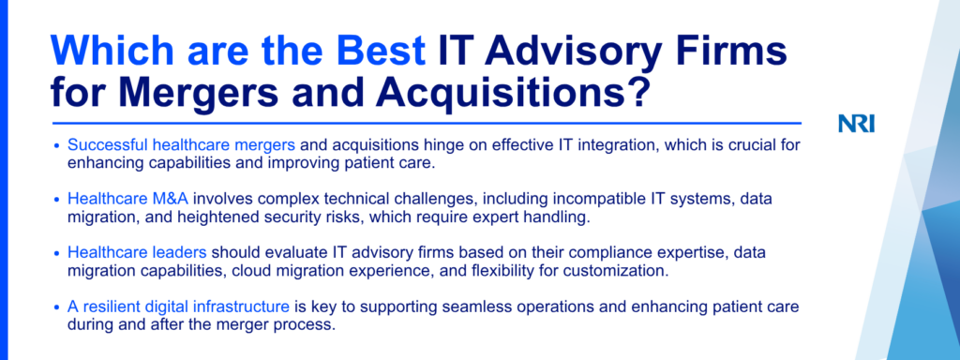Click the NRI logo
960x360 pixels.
(x=857, y=124)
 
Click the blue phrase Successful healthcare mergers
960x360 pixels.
(x=182, y=145)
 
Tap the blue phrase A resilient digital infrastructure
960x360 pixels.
(x=178, y=307)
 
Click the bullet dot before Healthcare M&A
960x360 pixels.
(x=56, y=200)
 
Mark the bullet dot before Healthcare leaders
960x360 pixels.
(x=56, y=253)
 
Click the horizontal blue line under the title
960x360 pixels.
(x=427, y=123)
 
